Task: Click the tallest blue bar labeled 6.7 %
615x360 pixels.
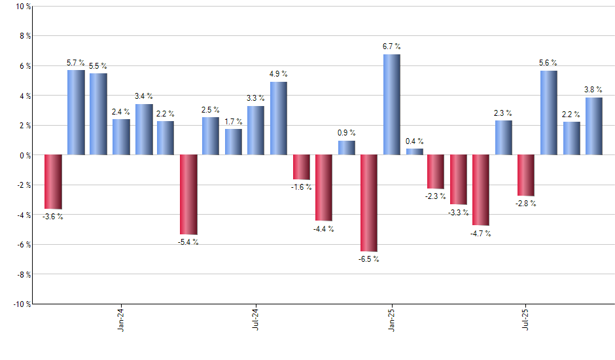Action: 392,105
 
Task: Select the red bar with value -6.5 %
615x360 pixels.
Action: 369,203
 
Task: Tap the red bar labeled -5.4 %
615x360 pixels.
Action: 188,194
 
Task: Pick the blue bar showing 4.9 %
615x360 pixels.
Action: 279,118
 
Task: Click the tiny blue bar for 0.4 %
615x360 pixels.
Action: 414,152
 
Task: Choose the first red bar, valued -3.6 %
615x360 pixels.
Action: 53,181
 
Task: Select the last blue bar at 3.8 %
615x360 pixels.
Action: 594,126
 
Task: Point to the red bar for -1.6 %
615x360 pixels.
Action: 302,167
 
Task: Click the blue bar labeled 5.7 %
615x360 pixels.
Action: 76,113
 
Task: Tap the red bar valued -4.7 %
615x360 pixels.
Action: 481,190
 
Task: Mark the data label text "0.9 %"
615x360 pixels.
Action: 347,133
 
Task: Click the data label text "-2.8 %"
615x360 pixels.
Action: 525,204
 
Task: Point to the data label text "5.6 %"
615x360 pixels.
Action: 548,63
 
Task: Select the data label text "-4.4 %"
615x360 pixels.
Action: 323,229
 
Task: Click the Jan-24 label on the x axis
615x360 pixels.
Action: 122,319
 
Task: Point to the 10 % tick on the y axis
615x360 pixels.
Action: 22,7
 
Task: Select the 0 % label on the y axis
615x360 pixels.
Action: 24,155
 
